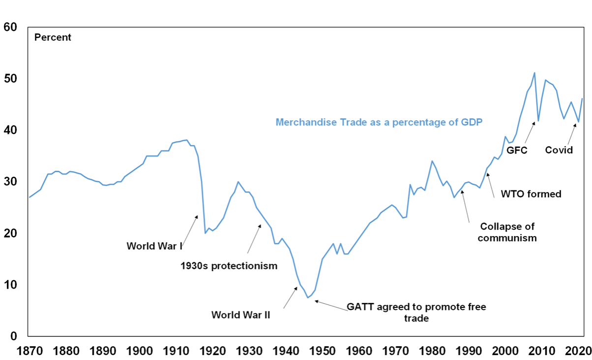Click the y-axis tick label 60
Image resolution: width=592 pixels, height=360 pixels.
pos(10,28)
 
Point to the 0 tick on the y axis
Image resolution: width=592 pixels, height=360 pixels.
pos(14,336)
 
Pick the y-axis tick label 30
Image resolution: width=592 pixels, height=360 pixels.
pos(10,182)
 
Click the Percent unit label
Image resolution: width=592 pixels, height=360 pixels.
pos(53,37)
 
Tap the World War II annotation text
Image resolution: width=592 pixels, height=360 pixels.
pos(241,315)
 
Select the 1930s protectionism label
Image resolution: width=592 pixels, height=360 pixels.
pos(229,266)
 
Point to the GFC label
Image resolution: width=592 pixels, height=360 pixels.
pos(517,150)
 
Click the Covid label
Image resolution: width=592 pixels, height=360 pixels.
pos(559,150)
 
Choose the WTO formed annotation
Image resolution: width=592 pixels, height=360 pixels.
pos(531,194)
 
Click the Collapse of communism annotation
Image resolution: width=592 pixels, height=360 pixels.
pos(507,232)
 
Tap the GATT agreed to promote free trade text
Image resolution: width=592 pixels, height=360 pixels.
pos(416,312)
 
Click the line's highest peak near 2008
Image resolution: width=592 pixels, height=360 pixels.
pos(534,73)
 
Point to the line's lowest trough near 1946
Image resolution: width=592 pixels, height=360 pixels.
pos(308,298)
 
